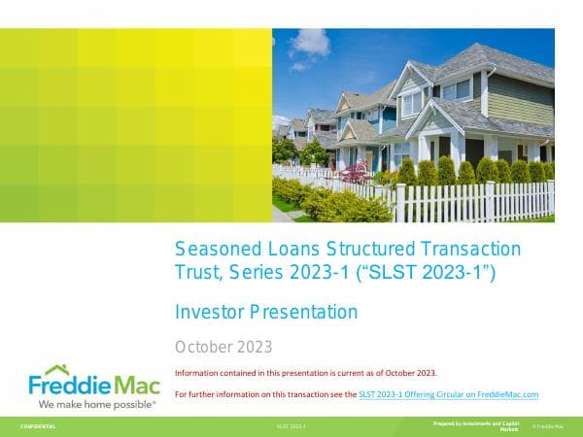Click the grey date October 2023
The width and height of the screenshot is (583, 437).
click(223, 347)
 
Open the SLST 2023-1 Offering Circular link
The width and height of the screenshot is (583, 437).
click(448, 394)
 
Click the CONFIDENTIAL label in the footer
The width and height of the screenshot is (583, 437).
click(38, 426)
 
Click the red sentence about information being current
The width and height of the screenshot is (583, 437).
click(306, 373)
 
